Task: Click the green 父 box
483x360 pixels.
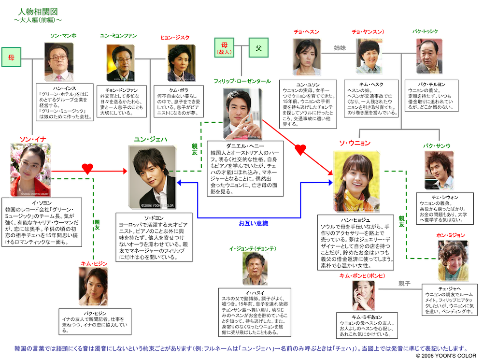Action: (x=258, y=48)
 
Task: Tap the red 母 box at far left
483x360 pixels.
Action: (x=11, y=57)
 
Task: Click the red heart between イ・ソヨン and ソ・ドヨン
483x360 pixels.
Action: (x=87, y=169)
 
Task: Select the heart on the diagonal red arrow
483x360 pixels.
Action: (x=300, y=150)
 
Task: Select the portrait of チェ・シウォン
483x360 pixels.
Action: (x=439, y=171)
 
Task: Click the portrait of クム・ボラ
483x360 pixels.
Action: (x=182, y=63)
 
